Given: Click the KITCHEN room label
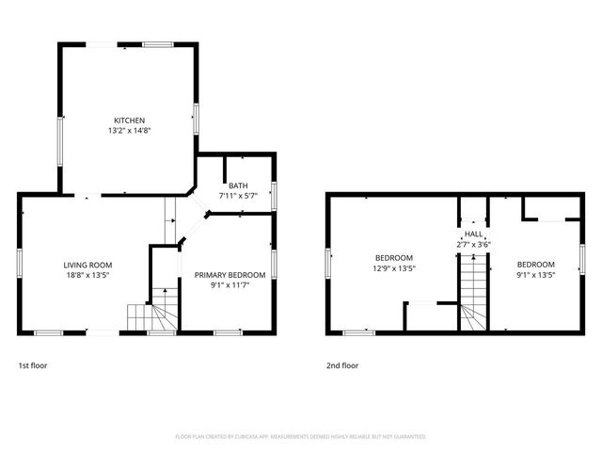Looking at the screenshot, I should point(129,121).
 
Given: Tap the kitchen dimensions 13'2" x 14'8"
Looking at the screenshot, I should point(129,131).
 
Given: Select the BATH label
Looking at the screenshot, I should point(238,186).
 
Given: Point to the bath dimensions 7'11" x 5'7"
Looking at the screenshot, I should point(238,196).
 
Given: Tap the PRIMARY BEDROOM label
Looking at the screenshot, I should point(230,275).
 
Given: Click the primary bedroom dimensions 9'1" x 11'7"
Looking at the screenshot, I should point(230,285).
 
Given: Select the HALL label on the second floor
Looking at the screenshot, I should point(473,234).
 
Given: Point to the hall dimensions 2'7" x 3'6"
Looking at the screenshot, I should point(473,244).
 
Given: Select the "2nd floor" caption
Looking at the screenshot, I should point(342,364).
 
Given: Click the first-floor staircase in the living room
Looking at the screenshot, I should point(155,313).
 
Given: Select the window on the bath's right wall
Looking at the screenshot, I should point(274,194).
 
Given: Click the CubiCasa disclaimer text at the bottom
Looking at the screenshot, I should point(301,437).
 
